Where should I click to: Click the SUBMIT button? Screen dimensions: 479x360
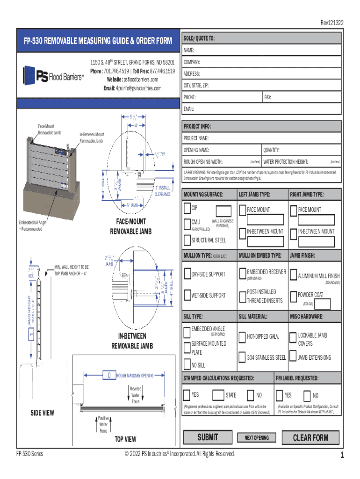pos(208,437)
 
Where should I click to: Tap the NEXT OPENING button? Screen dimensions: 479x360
pos(257,438)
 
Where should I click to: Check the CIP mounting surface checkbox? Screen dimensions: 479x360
pos(187,207)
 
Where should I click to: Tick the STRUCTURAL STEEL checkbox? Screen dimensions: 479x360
pos(187,240)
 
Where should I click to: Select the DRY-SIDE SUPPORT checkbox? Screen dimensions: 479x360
pos(187,274)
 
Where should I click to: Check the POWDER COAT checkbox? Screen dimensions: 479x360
pos(293,295)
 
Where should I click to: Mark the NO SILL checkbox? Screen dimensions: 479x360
pos(187,365)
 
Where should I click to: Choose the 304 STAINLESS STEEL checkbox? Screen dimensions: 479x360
pos(242,357)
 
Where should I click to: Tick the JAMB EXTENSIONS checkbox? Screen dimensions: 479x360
pos(293,357)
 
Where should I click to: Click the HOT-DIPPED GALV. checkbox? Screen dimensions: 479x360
pos(242,337)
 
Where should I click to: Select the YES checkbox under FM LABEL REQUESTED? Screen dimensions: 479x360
pos(280,395)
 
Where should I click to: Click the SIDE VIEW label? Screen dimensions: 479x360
pos(42,413)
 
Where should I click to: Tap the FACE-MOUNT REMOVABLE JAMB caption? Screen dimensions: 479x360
pos(128,226)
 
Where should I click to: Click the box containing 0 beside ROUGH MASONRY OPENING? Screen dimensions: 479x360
pos(108,375)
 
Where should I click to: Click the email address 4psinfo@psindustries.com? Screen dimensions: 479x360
pos(138,88)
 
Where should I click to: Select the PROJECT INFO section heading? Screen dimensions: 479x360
pos(197,126)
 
